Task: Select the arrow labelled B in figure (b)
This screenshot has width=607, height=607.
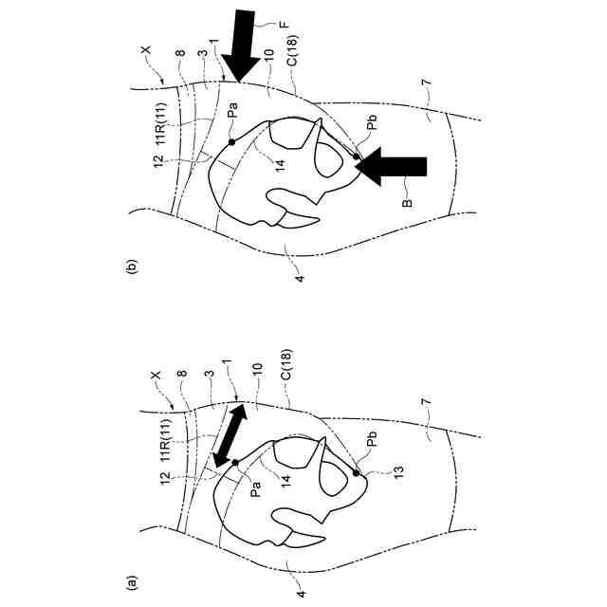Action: (x=394, y=167)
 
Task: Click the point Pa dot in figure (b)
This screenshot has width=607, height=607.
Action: (x=231, y=141)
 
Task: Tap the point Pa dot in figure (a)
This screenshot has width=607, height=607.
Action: (x=234, y=462)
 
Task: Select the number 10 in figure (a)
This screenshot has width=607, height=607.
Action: (x=254, y=389)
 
